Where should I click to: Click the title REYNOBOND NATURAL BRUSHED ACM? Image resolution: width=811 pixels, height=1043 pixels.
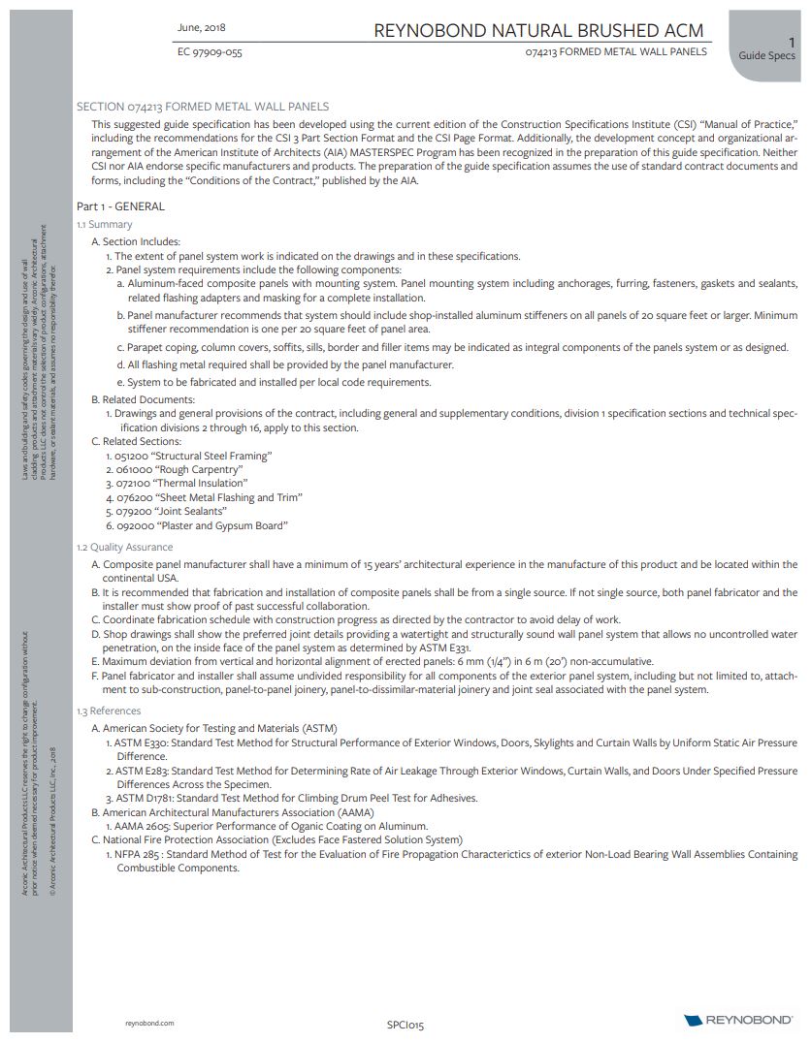click(538, 31)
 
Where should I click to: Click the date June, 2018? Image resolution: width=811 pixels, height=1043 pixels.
click(202, 27)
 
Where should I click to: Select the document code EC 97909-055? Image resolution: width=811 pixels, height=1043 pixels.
click(210, 52)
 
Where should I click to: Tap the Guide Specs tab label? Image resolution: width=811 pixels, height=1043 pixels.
click(766, 55)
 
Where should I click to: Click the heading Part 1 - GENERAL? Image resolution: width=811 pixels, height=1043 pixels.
click(120, 206)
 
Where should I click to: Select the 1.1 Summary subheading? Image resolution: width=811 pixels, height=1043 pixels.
click(104, 225)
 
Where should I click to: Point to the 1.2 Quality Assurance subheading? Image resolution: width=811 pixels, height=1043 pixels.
click(125, 548)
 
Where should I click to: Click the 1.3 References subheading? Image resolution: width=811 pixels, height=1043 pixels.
click(109, 711)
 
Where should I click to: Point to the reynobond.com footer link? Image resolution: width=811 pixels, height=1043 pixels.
click(150, 1023)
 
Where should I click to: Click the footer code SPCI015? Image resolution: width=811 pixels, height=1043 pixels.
click(405, 1024)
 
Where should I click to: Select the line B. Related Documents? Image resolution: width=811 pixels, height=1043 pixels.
click(143, 399)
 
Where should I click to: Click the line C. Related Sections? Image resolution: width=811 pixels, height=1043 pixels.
click(136, 441)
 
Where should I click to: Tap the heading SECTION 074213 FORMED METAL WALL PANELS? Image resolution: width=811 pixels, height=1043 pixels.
click(203, 107)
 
